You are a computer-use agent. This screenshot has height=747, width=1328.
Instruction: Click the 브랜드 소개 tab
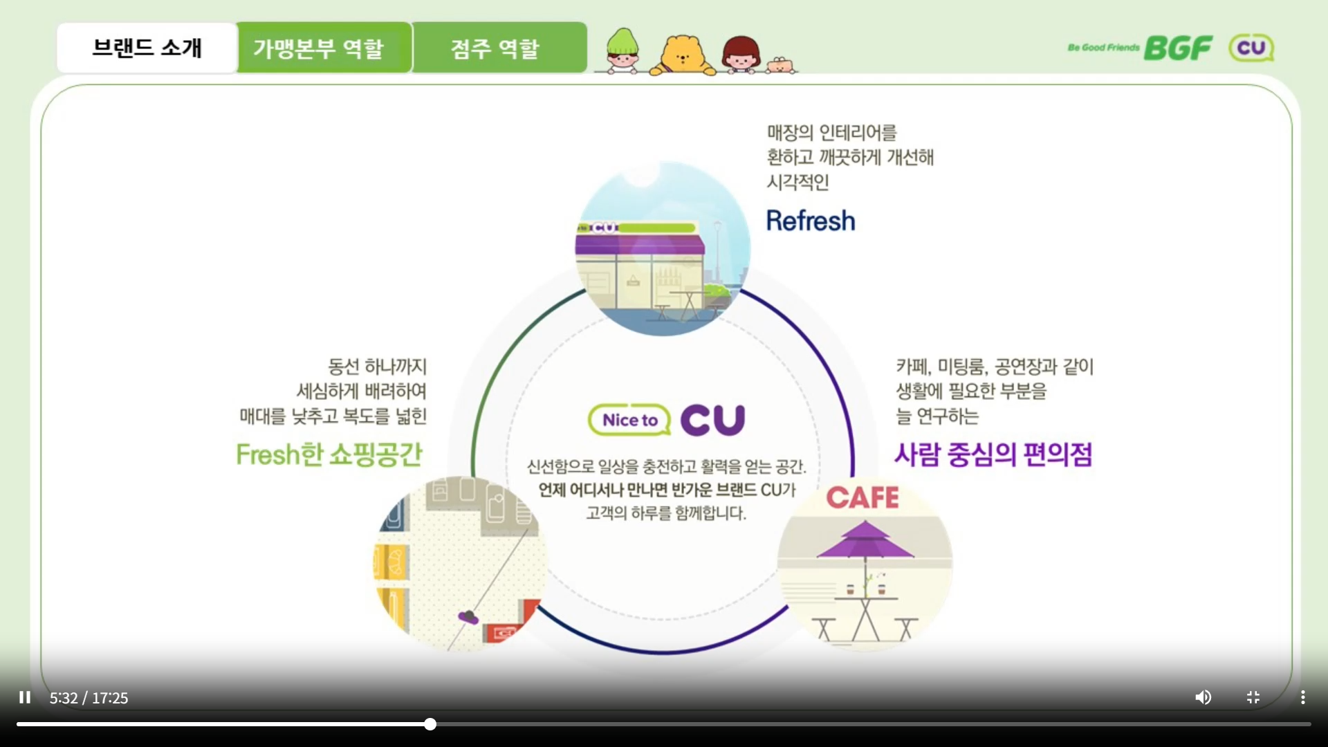click(147, 48)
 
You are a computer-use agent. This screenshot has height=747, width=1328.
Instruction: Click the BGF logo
click(1177, 48)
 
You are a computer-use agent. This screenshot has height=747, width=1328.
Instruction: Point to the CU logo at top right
click(1251, 48)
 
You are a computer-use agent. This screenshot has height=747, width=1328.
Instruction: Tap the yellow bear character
click(683, 54)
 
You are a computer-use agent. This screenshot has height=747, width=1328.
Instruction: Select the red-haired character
click(741, 54)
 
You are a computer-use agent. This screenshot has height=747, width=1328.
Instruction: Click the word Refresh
click(811, 221)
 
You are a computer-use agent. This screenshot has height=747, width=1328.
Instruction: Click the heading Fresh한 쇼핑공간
click(329, 454)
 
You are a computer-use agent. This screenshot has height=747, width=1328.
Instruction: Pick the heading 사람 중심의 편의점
click(993, 454)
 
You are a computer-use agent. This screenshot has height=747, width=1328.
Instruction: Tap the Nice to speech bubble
click(629, 420)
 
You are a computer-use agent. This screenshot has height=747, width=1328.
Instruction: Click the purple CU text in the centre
click(712, 420)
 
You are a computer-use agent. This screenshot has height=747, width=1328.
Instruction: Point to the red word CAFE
click(863, 497)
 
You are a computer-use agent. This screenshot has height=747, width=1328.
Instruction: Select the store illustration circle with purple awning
click(662, 249)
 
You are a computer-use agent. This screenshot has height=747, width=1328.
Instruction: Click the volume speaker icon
click(1203, 697)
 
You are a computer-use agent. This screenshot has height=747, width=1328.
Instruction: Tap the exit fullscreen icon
click(1253, 697)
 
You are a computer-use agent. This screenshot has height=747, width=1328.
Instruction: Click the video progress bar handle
click(430, 724)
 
